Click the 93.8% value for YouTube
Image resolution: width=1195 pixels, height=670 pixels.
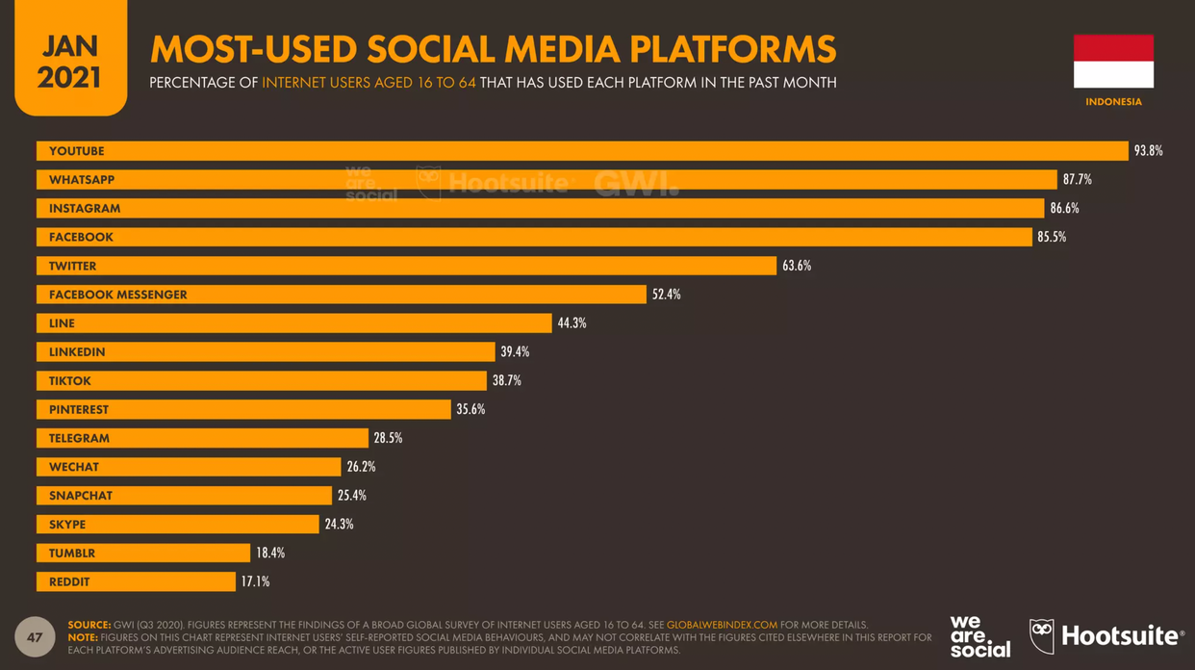pyautogui.click(x=1148, y=151)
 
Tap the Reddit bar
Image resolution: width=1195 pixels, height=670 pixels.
pyautogui.click(x=136, y=581)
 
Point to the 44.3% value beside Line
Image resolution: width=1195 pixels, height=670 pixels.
pyautogui.click(x=572, y=323)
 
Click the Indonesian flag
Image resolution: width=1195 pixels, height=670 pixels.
pyautogui.click(x=1113, y=62)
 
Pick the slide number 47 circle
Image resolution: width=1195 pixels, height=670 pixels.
pyautogui.click(x=35, y=637)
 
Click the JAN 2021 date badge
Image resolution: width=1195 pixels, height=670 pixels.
pyautogui.click(x=69, y=60)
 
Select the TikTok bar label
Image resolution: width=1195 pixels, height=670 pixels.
pyautogui.click(x=70, y=381)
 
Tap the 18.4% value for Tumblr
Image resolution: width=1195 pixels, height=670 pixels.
pyautogui.click(x=270, y=554)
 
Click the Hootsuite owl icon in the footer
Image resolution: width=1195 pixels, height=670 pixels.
pyautogui.click(x=1042, y=636)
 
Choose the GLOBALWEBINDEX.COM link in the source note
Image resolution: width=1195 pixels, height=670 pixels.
pyautogui.click(x=722, y=625)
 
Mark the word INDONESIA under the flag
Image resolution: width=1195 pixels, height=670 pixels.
pyautogui.click(x=1113, y=102)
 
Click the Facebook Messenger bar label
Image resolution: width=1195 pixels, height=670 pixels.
pyautogui.click(x=118, y=295)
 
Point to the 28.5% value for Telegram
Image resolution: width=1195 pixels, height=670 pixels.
pyautogui.click(x=388, y=438)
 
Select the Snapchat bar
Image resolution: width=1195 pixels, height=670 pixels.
pyautogui.click(x=184, y=496)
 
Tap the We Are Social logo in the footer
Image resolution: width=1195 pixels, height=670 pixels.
pyautogui.click(x=979, y=636)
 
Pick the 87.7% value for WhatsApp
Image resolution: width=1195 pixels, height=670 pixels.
pyautogui.click(x=1077, y=180)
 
